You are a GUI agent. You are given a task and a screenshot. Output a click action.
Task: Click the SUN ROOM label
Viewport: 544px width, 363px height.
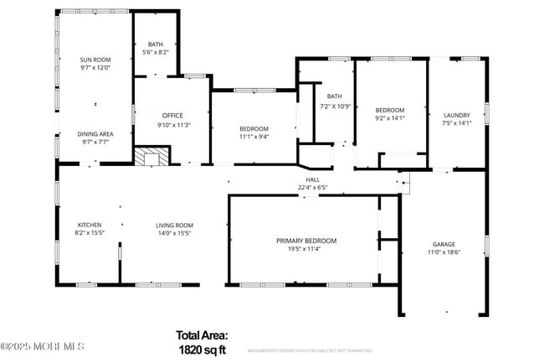point(95,60)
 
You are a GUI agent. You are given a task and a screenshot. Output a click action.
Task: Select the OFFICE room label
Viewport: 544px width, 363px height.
point(172,116)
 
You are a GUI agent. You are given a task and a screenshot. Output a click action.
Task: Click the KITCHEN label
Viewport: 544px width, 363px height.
point(90,225)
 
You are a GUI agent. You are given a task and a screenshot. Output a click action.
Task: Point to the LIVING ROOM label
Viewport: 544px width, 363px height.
point(174,225)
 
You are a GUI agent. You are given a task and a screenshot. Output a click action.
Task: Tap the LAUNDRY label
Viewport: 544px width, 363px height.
point(456,116)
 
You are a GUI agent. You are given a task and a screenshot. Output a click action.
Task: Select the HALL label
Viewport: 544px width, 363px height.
point(312,179)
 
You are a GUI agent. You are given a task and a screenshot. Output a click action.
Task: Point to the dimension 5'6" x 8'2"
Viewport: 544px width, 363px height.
point(156,53)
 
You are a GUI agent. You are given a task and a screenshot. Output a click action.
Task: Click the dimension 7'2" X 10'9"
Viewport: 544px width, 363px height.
point(335,106)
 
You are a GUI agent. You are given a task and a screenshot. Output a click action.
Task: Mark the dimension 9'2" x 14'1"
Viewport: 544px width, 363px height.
point(389,118)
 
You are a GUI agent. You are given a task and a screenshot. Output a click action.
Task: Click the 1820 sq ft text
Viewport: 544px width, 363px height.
point(202,349)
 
